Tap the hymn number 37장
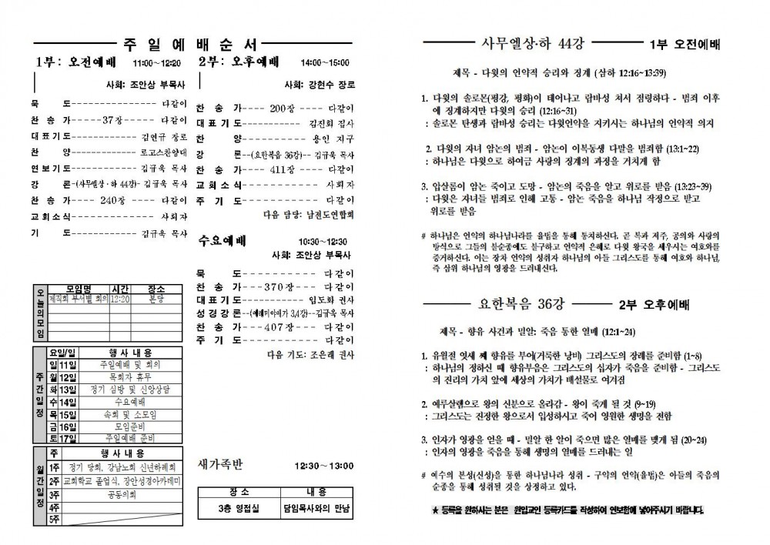pyautogui.click(x=113, y=120)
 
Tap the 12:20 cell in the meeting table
pyautogui.click(x=119, y=299)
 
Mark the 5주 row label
pyautogui.click(x=55, y=520)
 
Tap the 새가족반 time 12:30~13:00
pyautogui.click(x=323, y=466)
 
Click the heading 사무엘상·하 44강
pyautogui.click(x=531, y=42)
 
